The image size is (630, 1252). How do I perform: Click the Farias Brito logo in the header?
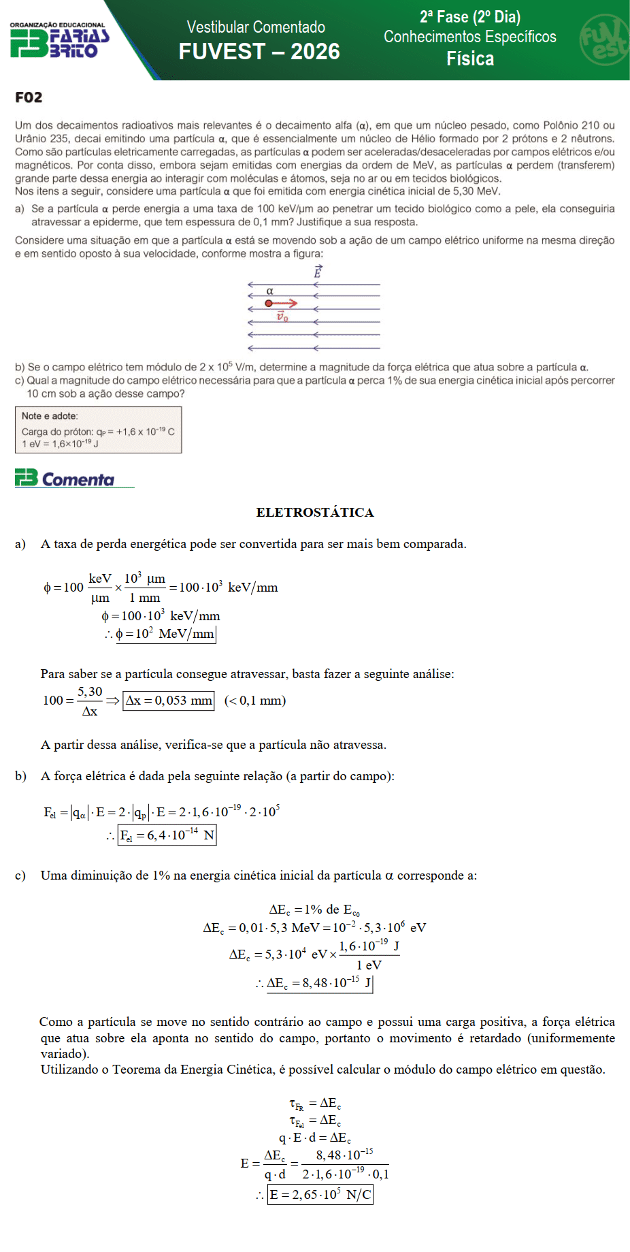pyautogui.click(x=60, y=41)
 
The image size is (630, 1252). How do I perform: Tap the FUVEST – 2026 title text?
pyautogui.click(x=259, y=52)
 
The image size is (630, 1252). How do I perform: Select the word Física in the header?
pyautogui.click(x=470, y=59)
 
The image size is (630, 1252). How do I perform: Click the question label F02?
pyautogui.click(x=29, y=97)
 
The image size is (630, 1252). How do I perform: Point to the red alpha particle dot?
pyautogui.click(x=269, y=303)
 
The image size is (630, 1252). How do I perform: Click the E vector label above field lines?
pyautogui.click(x=317, y=272)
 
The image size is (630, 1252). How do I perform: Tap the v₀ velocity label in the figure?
pyautogui.click(x=282, y=317)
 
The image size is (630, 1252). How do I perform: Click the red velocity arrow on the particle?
pyautogui.click(x=286, y=303)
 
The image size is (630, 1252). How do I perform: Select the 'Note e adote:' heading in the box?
pyautogui.click(x=50, y=416)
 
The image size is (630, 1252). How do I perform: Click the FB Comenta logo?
pyautogui.click(x=65, y=479)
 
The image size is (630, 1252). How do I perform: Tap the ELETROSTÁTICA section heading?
pyautogui.click(x=315, y=513)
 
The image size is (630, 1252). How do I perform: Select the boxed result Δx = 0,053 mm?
pyautogui.click(x=168, y=701)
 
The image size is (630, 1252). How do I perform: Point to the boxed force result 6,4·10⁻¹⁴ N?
pyautogui.click(x=167, y=835)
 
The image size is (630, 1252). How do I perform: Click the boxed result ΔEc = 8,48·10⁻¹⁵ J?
pyautogui.click(x=320, y=983)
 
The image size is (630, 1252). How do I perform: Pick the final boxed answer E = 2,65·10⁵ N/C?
pyautogui.click(x=320, y=1195)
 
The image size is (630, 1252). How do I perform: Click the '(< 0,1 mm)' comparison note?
pyautogui.click(x=255, y=701)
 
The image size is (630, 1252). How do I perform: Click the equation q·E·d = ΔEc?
pyautogui.click(x=315, y=1138)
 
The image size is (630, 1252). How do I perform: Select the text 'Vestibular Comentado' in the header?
pyautogui.click(x=256, y=27)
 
